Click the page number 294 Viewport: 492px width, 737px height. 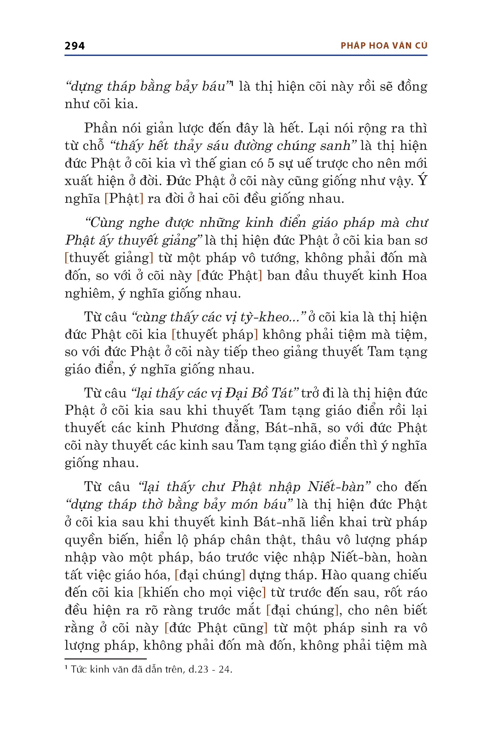(x=74, y=46)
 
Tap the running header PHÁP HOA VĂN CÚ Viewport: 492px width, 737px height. (x=384, y=46)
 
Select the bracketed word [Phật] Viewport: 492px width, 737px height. (x=124, y=199)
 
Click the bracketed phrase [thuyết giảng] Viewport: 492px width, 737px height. (x=109, y=258)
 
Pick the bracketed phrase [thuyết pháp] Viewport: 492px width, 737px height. (x=215, y=335)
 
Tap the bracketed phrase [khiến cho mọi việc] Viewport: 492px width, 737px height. (x=202, y=593)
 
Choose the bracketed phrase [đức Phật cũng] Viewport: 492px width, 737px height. (x=216, y=628)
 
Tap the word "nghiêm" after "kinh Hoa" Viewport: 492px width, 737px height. (x=87, y=294)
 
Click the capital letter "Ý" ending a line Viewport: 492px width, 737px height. (x=423, y=180)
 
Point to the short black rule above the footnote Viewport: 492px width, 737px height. (x=106, y=659)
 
